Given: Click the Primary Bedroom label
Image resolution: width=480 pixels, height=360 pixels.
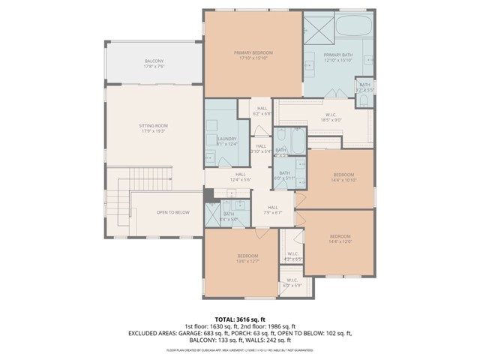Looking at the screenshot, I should point(253,53).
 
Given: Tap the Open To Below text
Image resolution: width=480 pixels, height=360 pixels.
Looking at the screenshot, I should point(172,212).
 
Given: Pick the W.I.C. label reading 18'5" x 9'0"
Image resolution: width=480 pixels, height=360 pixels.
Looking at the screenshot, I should point(331,116).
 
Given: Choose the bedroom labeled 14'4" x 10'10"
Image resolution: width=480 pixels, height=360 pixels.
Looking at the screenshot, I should point(341,177).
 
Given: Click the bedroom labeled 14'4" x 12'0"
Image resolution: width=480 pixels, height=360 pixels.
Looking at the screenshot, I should point(340,238).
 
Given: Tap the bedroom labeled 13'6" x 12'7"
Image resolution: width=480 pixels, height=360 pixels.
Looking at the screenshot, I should point(248,258).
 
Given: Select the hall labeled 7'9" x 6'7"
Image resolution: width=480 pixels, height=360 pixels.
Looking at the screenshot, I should point(272,209).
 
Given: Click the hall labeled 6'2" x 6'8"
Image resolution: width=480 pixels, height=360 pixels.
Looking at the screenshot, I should point(262,110).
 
